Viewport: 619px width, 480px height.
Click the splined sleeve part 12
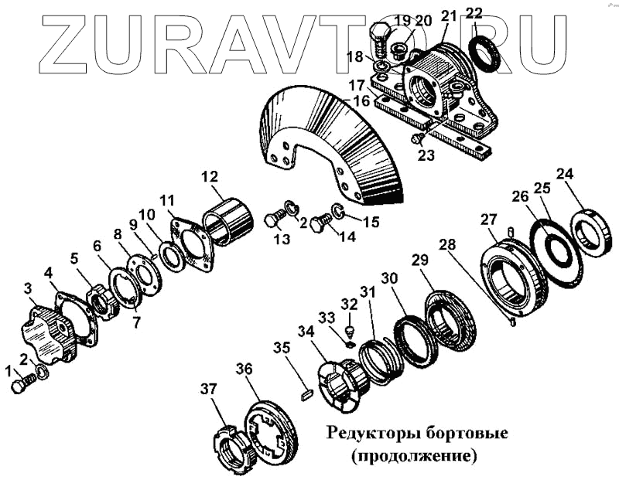tap(227, 221)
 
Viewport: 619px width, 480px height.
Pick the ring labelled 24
tap(592, 230)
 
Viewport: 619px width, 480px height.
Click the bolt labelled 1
tap(23, 383)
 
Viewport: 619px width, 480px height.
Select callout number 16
tap(361, 102)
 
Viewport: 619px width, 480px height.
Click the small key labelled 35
tap(306, 391)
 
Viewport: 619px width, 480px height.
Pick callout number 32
tap(350, 305)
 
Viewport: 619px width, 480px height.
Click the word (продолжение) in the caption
tap(412, 455)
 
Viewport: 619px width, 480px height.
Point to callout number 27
tap(487, 220)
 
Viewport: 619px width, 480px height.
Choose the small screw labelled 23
tap(418, 138)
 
